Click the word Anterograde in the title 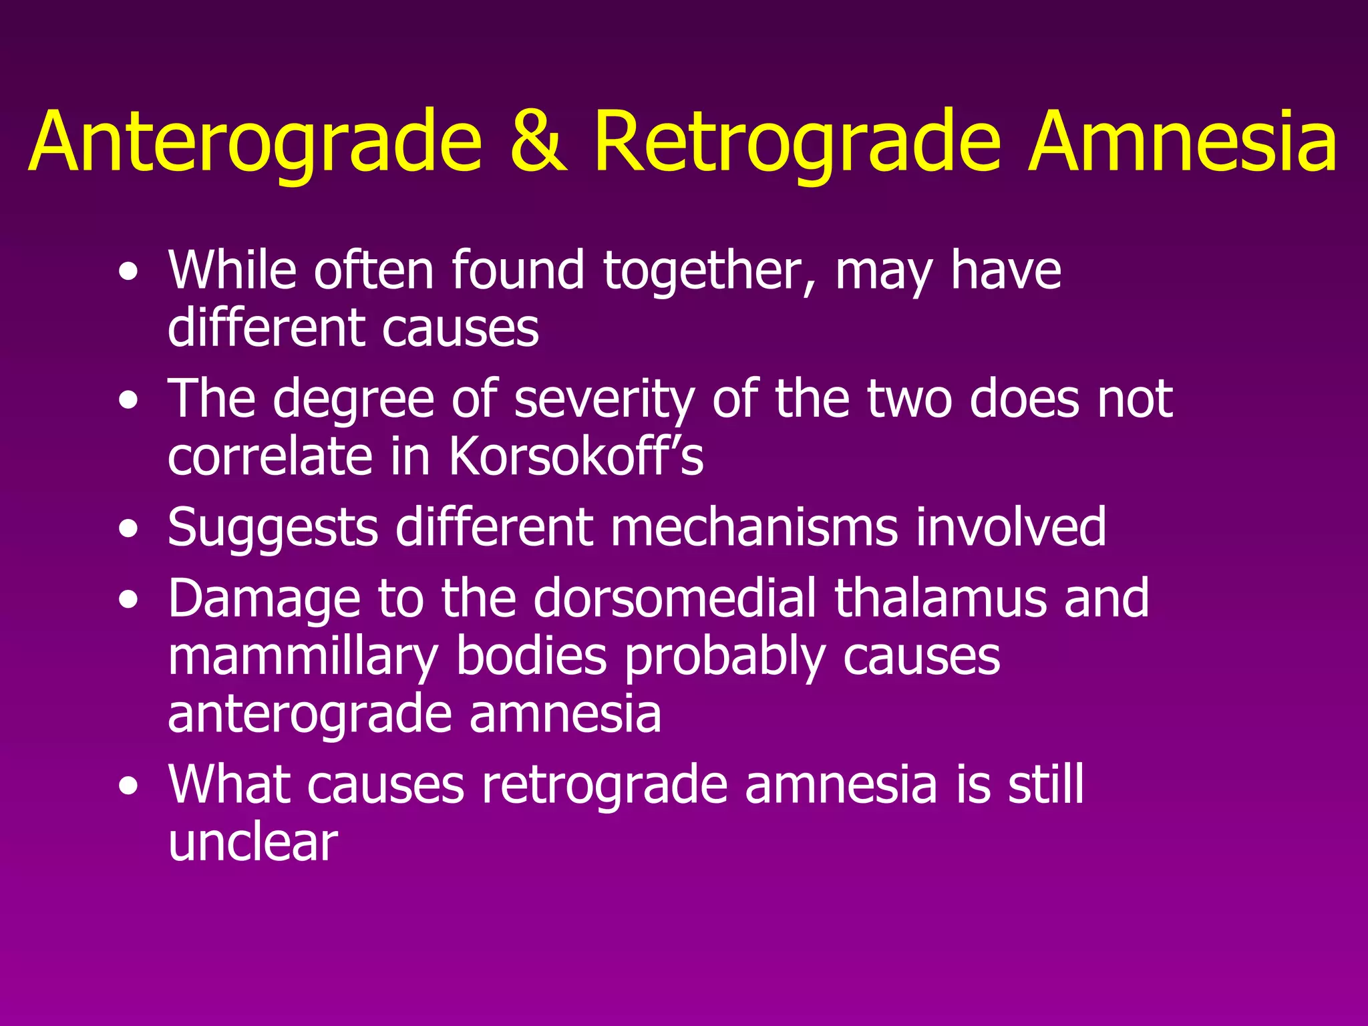(x=255, y=142)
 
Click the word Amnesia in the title (x=1182, y=142)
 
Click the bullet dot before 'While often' (x=128, y=272)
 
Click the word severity (x=605, y=399)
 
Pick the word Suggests (x=273, y=528)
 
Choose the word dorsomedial (x=675, y=598)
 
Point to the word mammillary (x=303, y=657)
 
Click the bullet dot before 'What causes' (x=128, y=786)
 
